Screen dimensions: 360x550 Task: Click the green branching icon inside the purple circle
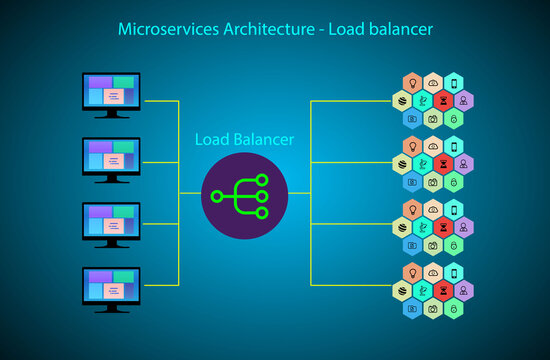click(245, 196)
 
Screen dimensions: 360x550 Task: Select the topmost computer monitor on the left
click(111, 93)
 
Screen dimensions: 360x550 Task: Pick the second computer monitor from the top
click(111, 158)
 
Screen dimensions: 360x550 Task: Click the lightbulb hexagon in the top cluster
click(410, 82)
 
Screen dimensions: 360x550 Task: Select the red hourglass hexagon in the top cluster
click(443, 100)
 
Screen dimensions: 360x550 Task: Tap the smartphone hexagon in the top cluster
click(454, 82)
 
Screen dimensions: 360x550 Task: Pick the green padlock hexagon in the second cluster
click(454, 182)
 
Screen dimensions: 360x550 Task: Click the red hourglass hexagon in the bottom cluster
click(443, 291)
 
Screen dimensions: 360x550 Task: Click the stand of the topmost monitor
click(111, 115)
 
